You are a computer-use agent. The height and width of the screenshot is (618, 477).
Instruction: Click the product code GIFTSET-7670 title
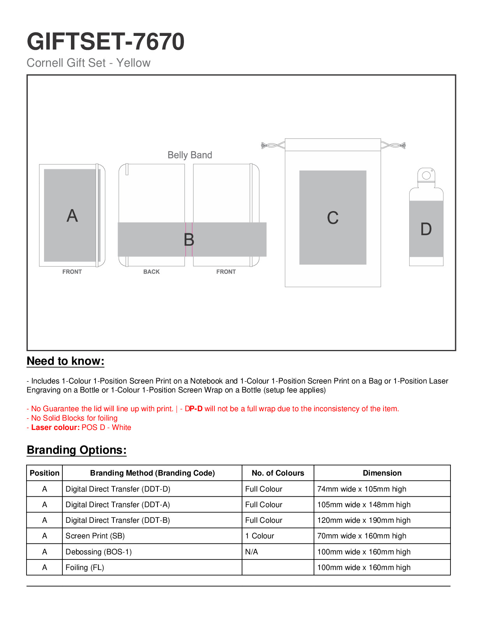(x=106, y=42)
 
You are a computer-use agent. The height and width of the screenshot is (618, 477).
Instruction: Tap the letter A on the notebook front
(x=72, y=216)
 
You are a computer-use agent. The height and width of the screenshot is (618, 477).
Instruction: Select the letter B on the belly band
(x=189, y=240)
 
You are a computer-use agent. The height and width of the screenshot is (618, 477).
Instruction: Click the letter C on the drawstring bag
(x=332, y=218)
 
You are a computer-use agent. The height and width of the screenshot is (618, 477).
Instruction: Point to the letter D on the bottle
(x=426, y=229)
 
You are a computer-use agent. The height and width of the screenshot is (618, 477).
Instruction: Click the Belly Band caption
(x=190, y=155)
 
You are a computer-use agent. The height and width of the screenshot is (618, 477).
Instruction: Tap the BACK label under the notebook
(x=152, y=272)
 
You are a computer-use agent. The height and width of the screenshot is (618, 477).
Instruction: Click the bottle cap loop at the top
(x=426, y=175)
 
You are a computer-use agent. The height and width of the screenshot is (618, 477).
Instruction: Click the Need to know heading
(x=65, y=361)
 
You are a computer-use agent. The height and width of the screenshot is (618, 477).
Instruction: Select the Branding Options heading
(x=77, y=450)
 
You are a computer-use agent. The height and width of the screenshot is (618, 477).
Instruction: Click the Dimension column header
(x=382, y=473)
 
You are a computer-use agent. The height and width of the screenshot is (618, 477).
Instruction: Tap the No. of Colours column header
(x=278, y=473)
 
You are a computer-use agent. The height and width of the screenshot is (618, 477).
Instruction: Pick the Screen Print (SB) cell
(x=95, y=536)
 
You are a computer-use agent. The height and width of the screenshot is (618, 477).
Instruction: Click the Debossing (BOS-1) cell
(x=99, y=552)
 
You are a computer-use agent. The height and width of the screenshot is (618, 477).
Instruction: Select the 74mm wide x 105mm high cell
(x=362, y=489)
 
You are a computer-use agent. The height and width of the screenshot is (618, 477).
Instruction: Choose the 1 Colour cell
(x=260, y=536)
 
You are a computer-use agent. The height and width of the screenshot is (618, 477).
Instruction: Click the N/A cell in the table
(x=251, y=552)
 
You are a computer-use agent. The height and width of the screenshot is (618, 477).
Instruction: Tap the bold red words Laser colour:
(x=55, y=428)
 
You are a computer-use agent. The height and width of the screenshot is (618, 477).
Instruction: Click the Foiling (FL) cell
(x=85, y=568)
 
